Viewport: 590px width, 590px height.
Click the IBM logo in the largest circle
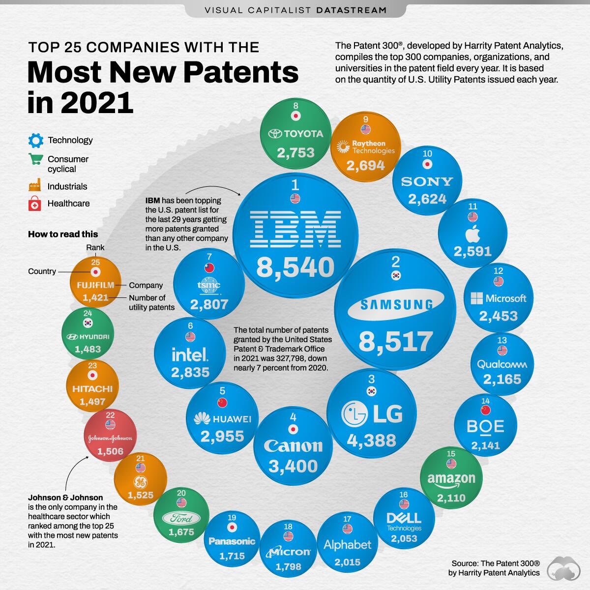click(x=295, y=229)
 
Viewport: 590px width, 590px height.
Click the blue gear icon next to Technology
click(x=36, y=141)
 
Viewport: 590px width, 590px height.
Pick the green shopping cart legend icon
click(x=35, y=159)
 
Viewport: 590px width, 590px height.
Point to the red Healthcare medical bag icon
click(x=35, y=204)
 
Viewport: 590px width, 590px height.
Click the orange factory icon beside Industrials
click(x=35, y=186)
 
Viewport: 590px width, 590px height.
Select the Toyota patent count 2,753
click(x=295, y=152)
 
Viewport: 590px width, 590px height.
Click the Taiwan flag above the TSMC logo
click(x=209, y=268)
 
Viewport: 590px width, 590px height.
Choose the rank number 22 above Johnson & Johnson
click(x=110, y=415)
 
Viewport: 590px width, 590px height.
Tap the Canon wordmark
click(x=293, y=445)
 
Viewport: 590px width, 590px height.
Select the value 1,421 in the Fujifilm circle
click(x=95, y=297)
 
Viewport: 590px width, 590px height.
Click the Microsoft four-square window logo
click(x=476, y=298)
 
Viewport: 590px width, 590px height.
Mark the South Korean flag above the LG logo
click(x=371, y=391)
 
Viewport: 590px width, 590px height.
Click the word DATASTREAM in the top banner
click(x=351, y=10)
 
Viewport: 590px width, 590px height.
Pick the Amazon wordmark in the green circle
click(x=451, y=478)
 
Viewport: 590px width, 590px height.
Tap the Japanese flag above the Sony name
click(x=427, y=165)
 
